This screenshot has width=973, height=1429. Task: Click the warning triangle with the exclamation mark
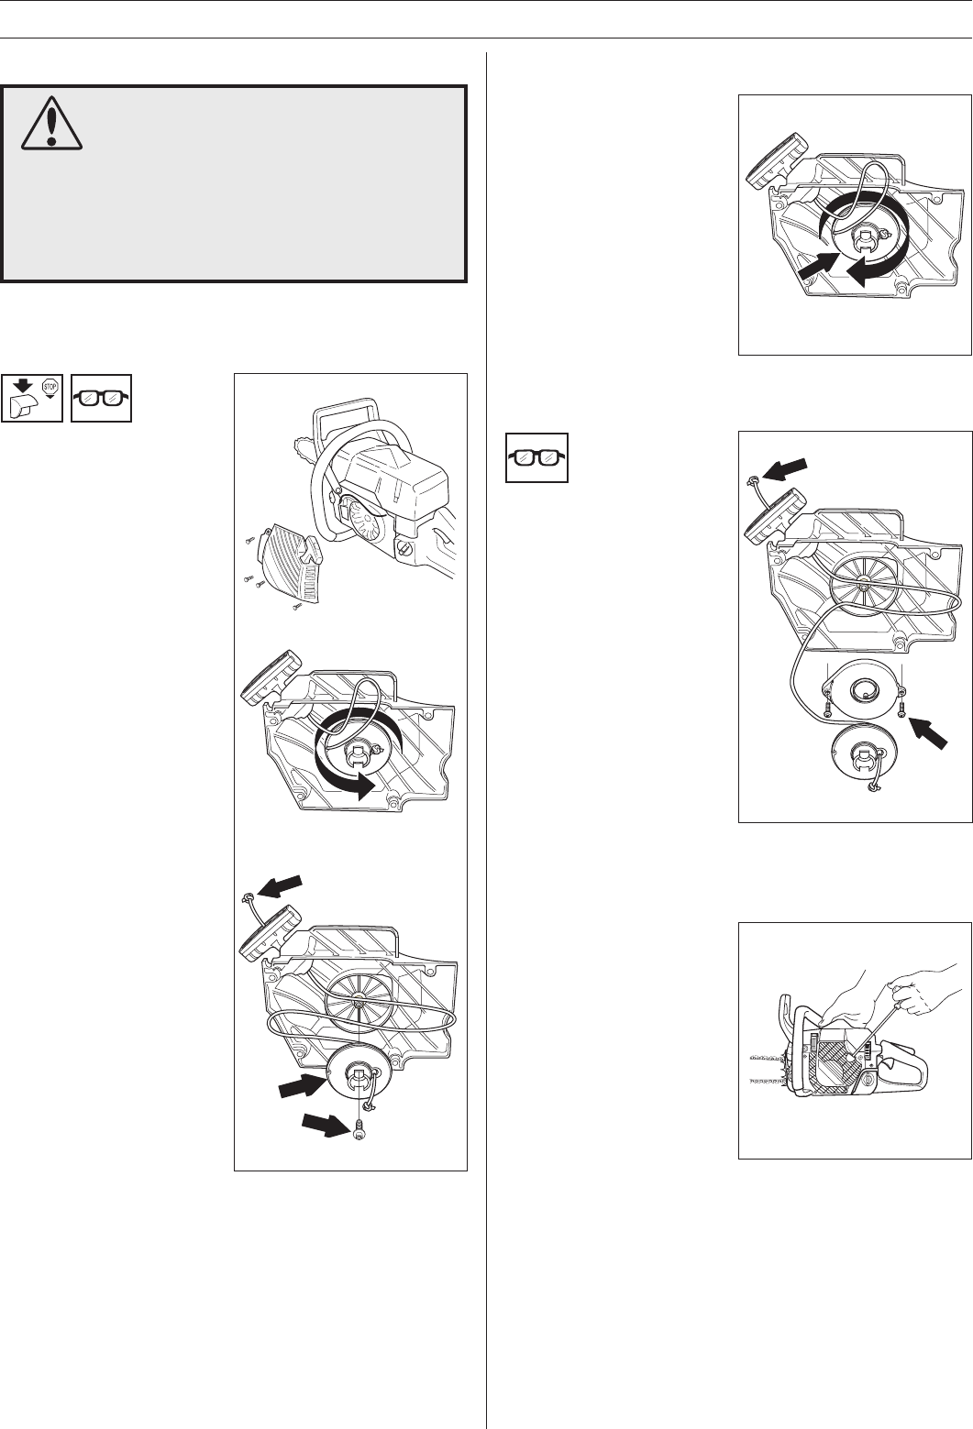pos(51,124)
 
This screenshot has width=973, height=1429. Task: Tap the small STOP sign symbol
pos(50,387)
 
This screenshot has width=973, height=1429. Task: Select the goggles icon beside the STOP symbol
pos(101,398)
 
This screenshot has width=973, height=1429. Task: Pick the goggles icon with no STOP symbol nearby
pos(536,457)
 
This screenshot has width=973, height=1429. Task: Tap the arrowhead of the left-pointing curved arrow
pos(857,273)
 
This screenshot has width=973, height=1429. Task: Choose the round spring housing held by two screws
pos(864,689)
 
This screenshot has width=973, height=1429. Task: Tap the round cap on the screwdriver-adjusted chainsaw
pos(867,1082)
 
